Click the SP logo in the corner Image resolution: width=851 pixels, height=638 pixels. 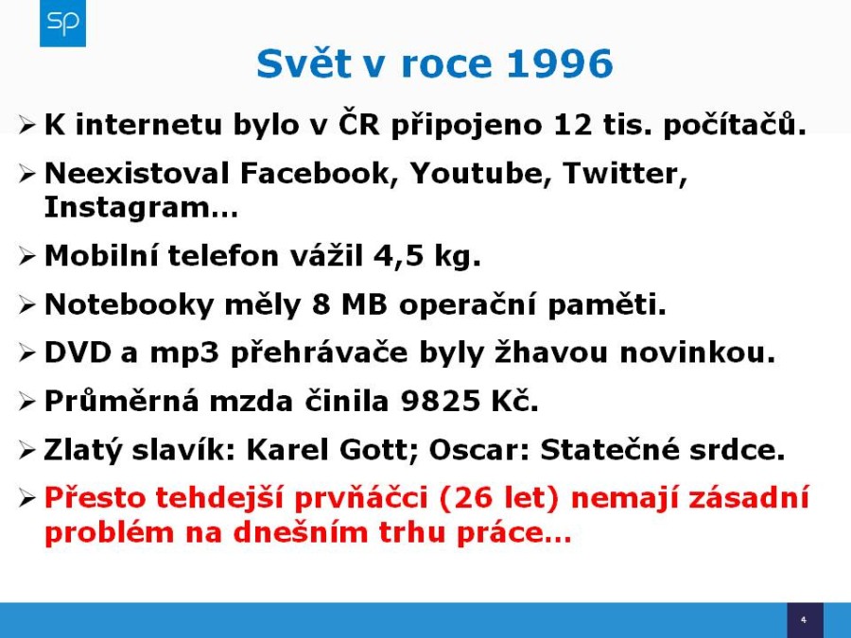click(x=63, y=24)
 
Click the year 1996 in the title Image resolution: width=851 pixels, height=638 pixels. click(x=560, y=64)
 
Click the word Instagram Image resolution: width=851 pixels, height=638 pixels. click(x=127, y=208)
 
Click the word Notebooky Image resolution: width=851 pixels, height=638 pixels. click(x=130, y=304)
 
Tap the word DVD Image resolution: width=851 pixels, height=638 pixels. click(x=78, y=353)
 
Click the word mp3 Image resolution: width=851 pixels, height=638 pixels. click(x=184, y=354)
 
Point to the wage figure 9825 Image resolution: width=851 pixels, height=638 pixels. click(x=441, y=402)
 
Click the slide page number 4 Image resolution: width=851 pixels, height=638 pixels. click(x=804, y=619)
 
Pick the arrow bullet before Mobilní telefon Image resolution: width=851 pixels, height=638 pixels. click(x=26, y=256)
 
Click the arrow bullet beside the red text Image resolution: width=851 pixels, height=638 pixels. click(x=26, y=498)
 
